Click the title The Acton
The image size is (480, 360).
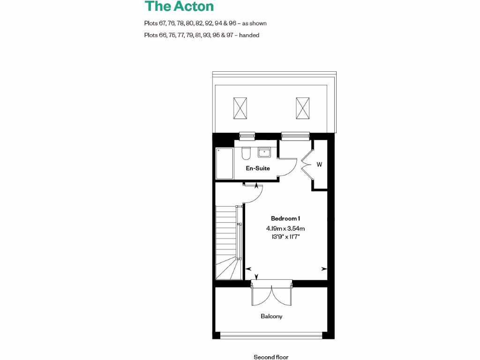pos(179,7)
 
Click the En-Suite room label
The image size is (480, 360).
pos(258,168)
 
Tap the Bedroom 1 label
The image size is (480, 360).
pos(285,218)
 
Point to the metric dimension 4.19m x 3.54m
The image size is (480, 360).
pos(285,229)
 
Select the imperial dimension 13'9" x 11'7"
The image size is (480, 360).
pos(285,237)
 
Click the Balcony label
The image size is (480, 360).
pos(271,316)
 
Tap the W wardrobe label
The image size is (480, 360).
pos(319,165)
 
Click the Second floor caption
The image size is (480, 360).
pos(271,357)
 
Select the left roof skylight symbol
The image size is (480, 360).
pos(240,108)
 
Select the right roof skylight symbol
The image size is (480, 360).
pos(303,108)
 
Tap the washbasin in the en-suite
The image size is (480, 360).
pos(263,152)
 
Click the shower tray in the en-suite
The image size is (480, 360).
pos(225,163)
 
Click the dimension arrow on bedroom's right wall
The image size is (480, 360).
pos(324,269)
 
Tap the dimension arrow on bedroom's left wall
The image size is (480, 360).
pos(248,269)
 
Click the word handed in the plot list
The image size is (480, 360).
pos(249,35)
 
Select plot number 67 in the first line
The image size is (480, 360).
pos(163,23)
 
